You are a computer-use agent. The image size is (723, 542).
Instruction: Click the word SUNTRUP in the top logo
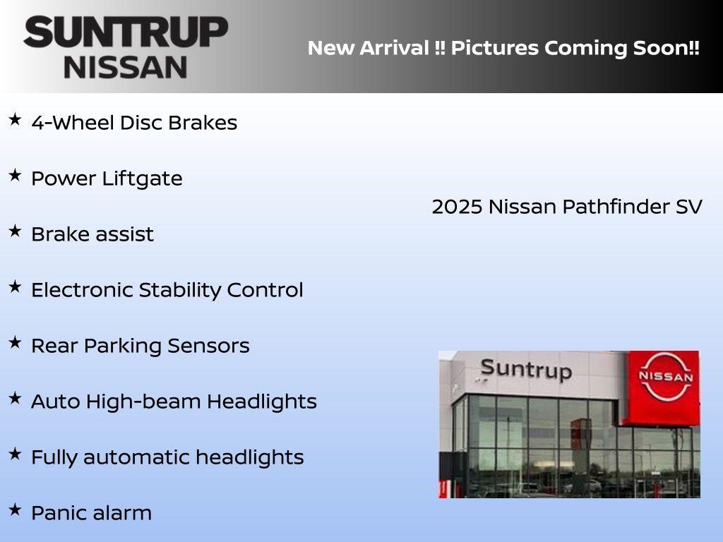point(126,32)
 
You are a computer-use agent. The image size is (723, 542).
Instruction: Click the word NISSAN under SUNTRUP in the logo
point(126,67)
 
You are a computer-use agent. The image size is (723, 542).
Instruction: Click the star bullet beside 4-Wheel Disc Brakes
point(15,120)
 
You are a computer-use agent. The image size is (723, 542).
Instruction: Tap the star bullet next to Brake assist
point(15,231)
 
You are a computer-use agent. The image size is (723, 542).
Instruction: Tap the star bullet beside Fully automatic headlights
point(15,454)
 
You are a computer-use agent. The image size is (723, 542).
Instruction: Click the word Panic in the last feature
point(56,513)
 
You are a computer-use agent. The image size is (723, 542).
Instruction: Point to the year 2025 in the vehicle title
point(457,207)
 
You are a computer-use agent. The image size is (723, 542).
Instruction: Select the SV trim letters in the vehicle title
point(688,207)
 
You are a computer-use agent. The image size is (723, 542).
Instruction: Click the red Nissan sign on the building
point(665,387)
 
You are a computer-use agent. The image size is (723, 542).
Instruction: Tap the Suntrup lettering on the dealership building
point(525,369)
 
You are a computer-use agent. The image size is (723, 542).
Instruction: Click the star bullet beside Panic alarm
point(15,510)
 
